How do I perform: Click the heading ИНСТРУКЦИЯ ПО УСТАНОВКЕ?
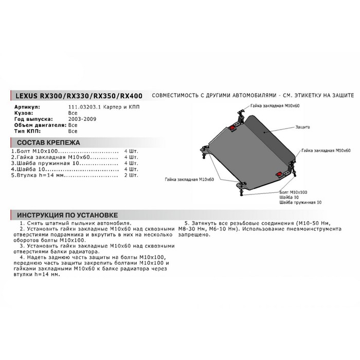click(67, 214)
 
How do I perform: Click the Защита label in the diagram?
click(303, 126)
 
